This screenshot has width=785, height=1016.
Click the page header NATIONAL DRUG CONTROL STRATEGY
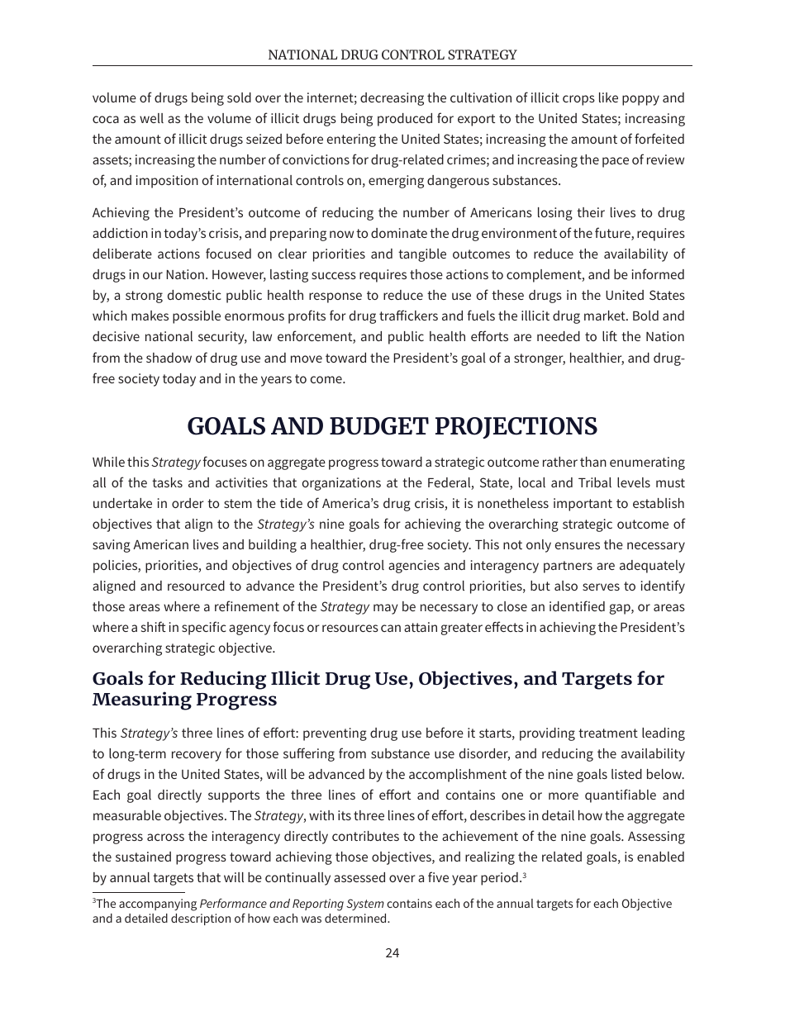(392, 55)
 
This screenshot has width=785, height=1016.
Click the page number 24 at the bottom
(392, 952)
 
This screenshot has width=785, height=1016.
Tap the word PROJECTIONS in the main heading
(519, 426)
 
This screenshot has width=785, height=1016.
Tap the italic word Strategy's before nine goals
(286, 525)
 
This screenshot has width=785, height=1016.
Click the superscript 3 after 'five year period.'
(525, 875)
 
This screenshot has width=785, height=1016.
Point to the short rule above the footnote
(138, 892)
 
